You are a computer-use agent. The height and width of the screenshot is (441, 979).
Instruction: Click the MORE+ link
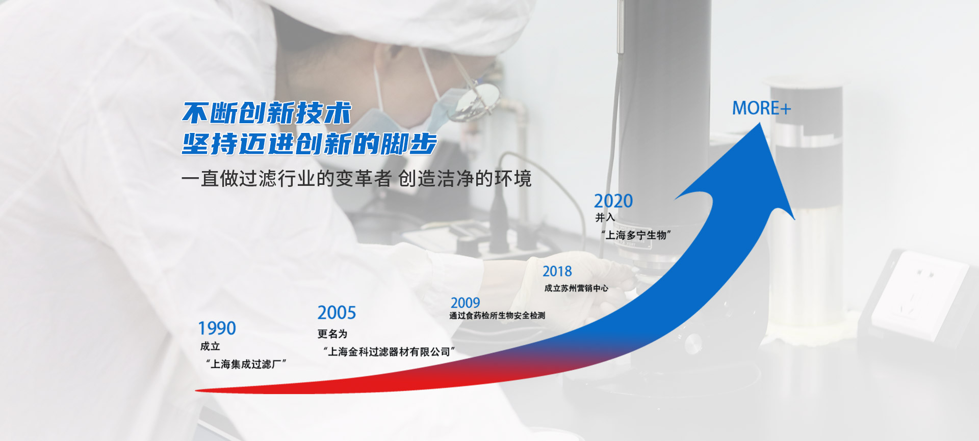[761, 108]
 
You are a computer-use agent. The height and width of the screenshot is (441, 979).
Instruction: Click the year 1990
[217, 328]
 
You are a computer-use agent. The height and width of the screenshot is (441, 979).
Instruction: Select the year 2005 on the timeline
[337, 313]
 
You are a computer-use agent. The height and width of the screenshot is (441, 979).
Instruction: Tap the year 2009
[465, 303]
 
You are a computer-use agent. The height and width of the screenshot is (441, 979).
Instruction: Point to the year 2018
[557, 271]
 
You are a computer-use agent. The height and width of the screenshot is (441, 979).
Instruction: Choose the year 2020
[613, 201]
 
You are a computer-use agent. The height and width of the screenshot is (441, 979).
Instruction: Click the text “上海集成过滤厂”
[246, 364]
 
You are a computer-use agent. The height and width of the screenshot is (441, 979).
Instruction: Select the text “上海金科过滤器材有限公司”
[389, 352]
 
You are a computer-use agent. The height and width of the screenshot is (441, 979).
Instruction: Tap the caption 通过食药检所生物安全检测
[497, 316]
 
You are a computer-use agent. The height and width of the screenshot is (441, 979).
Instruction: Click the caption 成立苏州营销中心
[576, 288]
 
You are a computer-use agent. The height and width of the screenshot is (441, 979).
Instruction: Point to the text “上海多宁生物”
[636, 235]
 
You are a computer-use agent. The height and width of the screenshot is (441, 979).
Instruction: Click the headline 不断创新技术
[267, 113]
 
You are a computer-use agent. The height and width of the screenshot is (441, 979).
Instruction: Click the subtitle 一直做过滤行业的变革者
[287, 179]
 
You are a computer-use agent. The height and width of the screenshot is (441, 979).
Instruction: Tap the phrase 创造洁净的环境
[465, 179]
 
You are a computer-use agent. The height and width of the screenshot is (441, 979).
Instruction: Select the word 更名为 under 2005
[332, 334]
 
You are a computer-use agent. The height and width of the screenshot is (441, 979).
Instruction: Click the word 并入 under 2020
[605, 217]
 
